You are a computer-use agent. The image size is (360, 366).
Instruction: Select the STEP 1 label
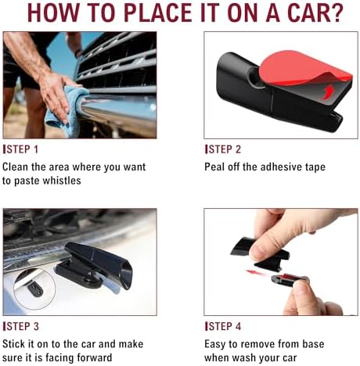[x=20, y=149]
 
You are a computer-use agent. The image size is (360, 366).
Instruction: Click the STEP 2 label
[x=223, y=149]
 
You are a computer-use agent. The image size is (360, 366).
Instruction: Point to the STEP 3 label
[x=21, y=326]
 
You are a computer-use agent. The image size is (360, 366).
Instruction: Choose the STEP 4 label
[x=223, y=326]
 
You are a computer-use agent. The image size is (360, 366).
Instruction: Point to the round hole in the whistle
[x=256, y=77]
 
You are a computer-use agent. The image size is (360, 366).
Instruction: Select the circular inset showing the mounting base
[x=34, y=289]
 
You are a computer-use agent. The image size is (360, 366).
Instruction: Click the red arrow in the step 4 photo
[x=257, y=273]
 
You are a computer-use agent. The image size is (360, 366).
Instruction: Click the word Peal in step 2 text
[x=214, y=167]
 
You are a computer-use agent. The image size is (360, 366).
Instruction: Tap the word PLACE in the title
[x=158, y=13]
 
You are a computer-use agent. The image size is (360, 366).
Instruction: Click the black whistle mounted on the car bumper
[x=95, y=265]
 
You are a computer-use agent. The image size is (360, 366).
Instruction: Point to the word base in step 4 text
[x=313, y=344]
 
